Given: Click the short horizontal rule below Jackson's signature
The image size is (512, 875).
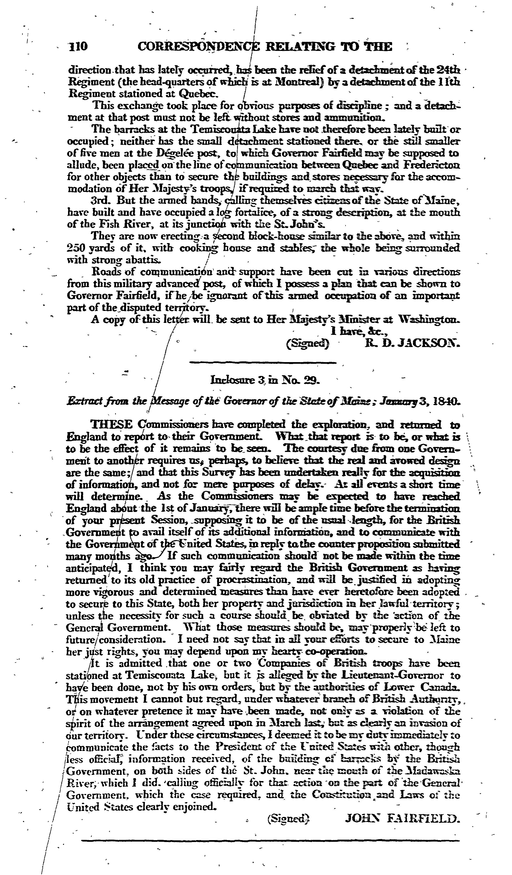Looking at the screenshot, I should (263, 363).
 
